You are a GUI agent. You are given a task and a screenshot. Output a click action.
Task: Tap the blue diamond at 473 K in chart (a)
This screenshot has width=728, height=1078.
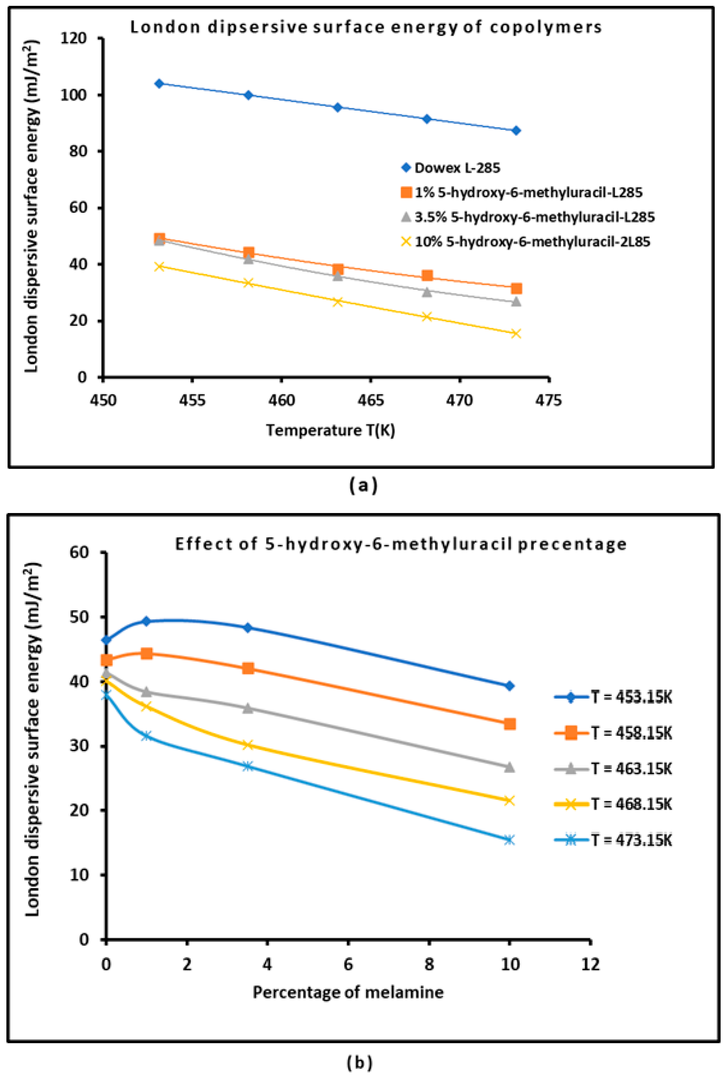click(516, 131)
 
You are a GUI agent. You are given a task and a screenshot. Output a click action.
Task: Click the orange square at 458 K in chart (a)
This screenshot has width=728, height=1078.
click(249, 253)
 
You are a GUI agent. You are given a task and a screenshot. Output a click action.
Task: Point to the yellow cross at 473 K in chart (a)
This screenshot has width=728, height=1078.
click(516, 334)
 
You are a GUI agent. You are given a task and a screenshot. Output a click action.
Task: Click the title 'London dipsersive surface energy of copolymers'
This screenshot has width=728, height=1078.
click(366, 27)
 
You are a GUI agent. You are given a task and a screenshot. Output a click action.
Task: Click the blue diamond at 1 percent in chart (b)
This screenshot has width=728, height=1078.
click(147, 621)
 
